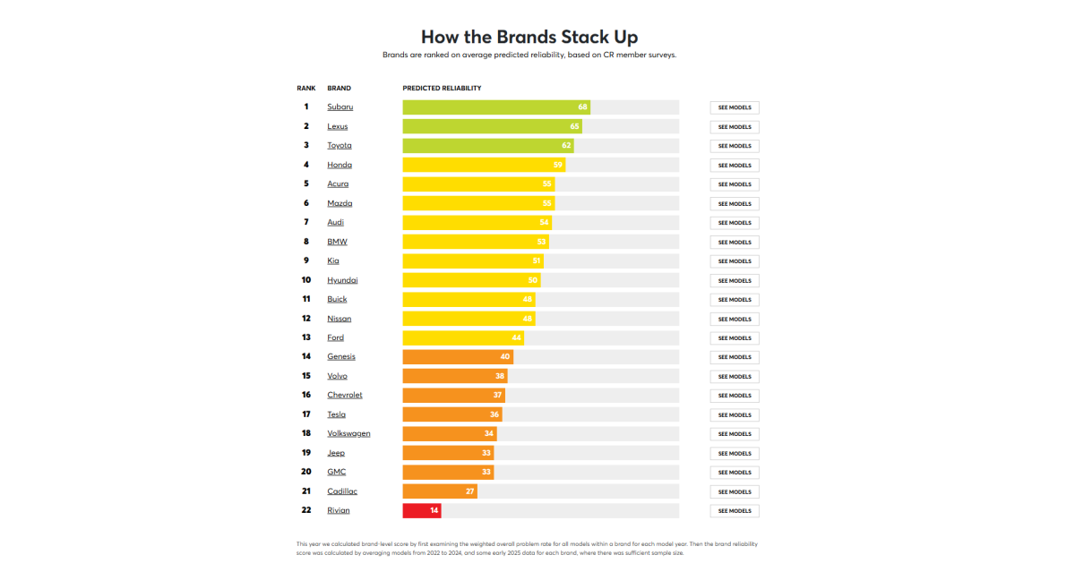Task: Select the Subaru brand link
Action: (340, 107)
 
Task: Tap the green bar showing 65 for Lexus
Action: (491, 126)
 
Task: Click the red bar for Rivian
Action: (421, 510)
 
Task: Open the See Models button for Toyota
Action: (735, 146)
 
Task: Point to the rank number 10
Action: (305, 280)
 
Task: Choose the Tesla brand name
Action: (336, 414)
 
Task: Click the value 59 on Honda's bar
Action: (557, 165)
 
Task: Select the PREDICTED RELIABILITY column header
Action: (442, 89)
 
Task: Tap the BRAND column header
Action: (339, 89)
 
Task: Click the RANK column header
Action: (306, 89)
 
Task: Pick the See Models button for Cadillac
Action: (735, 491)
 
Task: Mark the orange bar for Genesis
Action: (457, 356)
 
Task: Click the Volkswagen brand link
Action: (348, 433)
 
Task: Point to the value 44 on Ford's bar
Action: (516, 337)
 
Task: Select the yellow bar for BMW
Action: (475, 242)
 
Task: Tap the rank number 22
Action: (305, 510)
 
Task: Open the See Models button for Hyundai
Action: (735, 280)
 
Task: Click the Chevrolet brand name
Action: (345, 395)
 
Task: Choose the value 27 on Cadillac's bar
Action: (469, 491)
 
